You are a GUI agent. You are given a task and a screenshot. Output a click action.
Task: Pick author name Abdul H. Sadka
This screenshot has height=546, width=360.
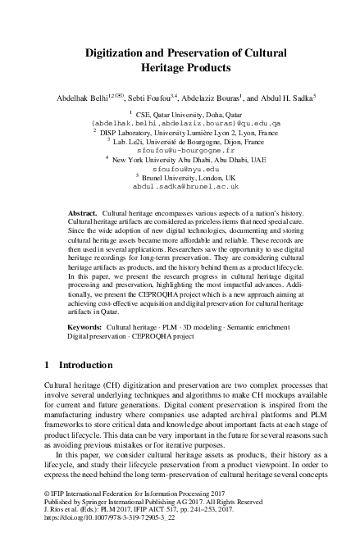tap(271, 97)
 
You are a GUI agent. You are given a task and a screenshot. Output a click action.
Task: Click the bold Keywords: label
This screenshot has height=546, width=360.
tap(85, 325)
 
